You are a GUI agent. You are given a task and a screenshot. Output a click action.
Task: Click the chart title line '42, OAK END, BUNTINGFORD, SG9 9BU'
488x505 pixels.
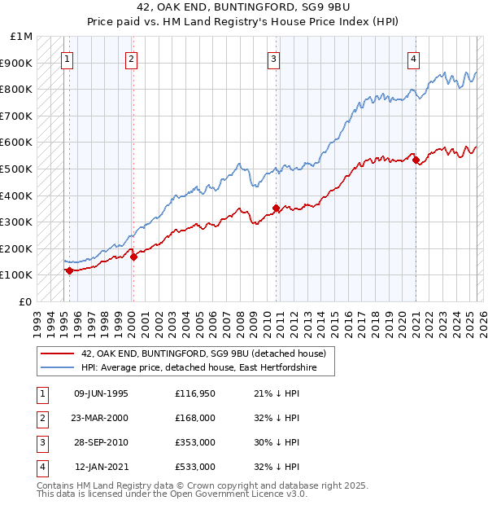tap(243, 9)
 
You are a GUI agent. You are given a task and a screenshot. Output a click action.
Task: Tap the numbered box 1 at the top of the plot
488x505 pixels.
tap(66, 58)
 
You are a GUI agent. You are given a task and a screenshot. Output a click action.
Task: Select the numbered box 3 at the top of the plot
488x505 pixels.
tap(274, 58)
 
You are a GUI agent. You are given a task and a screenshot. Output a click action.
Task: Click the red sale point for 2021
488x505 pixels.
tap(416, 160)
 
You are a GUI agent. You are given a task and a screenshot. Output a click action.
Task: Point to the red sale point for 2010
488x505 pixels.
tap(277, 208)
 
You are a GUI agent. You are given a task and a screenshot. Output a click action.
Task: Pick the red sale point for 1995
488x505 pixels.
tap(69, 270)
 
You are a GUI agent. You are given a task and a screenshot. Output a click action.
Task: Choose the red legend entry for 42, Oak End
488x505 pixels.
tap(203, 353)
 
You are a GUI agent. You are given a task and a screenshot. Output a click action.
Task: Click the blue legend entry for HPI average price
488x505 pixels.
tap(207, 368)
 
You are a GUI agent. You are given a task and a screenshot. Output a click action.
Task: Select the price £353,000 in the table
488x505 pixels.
tap(194, 442)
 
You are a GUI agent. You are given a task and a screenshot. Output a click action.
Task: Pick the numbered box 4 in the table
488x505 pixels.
tap(41, 467)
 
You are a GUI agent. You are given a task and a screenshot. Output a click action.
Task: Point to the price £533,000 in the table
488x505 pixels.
tap(194, 467)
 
